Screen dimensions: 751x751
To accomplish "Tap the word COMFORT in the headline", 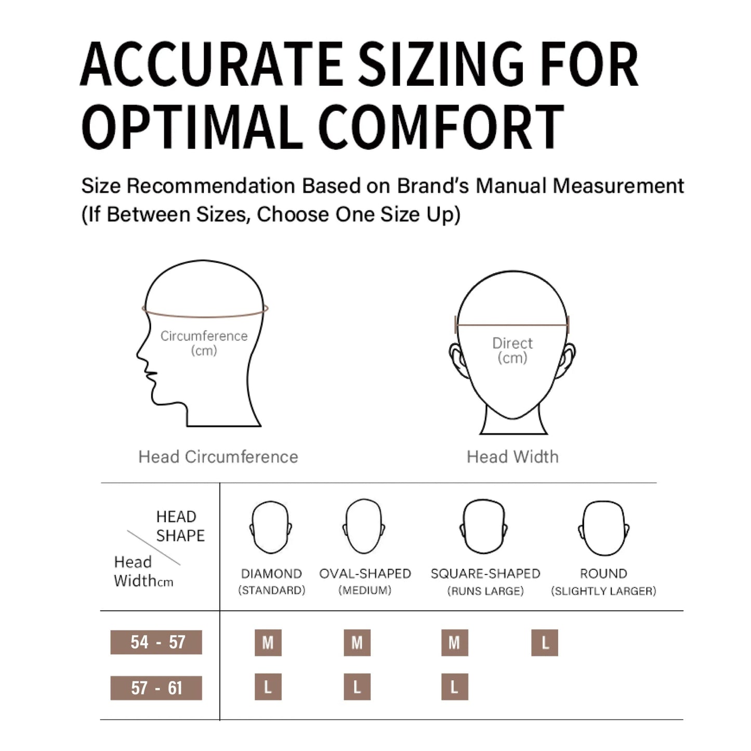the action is [442, 127].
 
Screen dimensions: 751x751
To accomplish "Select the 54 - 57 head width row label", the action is [156, 642].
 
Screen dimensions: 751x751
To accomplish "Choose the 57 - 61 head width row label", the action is [156, 688].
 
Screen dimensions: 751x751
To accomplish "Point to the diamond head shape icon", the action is [271, 528].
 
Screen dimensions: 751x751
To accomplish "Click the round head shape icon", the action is [604, 528].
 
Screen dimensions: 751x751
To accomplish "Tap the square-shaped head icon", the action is [484, 526].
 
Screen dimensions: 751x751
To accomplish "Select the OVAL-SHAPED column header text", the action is [365, 574].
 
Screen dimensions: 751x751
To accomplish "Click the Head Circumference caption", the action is [218, 457].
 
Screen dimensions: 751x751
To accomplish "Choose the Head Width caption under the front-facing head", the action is [512, 457].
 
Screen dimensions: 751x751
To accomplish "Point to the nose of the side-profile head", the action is [138, 354].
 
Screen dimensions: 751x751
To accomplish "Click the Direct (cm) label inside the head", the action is [512, 350].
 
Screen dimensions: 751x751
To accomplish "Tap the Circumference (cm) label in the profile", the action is [204, 343].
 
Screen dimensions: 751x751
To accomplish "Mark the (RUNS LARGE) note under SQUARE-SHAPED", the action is [485, 591].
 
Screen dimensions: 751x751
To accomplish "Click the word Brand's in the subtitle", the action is [432, 186].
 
